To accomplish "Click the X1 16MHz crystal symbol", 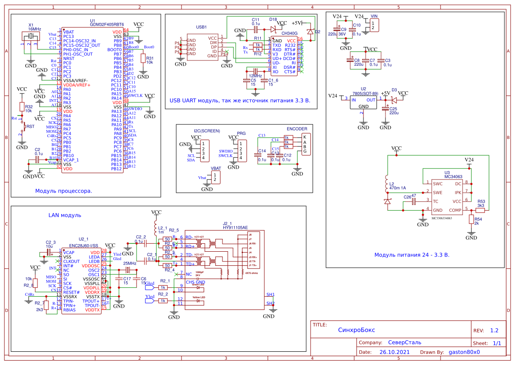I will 31,37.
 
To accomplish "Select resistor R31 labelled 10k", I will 142,58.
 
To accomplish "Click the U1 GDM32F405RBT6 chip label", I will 107,25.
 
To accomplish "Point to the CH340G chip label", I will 289,33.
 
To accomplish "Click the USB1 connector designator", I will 202,27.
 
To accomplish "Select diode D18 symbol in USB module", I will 273,29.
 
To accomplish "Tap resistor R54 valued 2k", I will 471,220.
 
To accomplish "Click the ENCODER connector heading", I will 297,129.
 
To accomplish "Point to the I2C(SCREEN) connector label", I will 206,131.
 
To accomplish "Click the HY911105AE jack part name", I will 235,227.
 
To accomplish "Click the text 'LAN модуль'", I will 65,215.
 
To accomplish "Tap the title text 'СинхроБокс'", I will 357,330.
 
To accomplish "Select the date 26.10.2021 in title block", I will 394,352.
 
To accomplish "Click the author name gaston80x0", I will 464,352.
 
